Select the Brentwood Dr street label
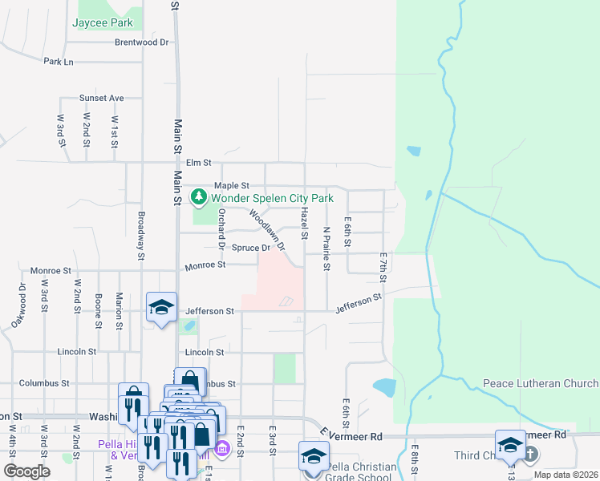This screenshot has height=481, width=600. [x=142, y=42]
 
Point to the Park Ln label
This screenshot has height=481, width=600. [x=59, y=61]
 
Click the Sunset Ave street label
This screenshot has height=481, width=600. [x=101, y=98]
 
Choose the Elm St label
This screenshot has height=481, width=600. [x=198, y=162]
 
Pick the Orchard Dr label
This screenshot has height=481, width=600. [x=221, y=226]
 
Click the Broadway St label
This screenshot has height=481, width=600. [x=141, y=236]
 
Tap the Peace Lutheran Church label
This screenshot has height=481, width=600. [x=541, y=383]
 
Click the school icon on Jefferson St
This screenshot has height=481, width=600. [x=161, y=306]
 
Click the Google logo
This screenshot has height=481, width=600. [x=26, y=471]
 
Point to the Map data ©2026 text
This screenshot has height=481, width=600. [x=566, y=475]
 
